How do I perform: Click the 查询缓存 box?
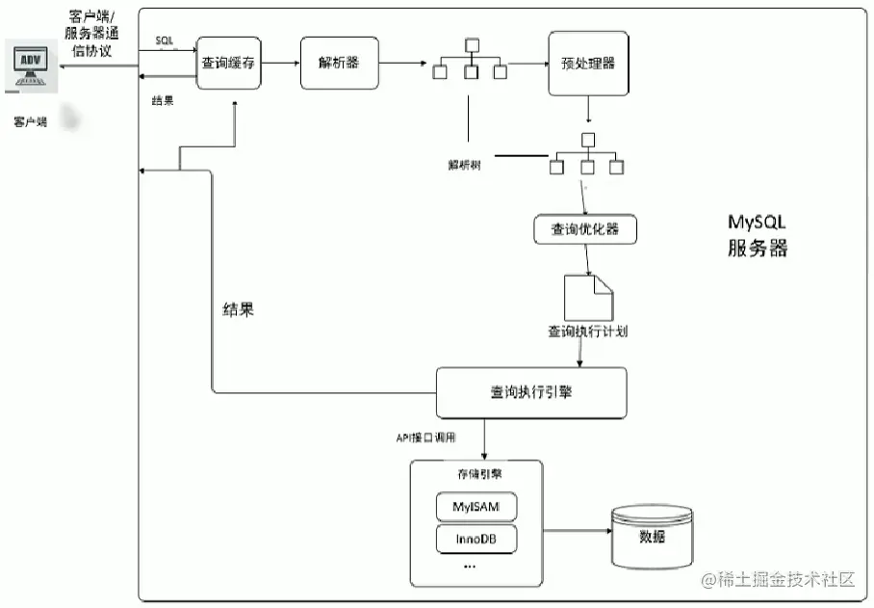click(x=229, y=64)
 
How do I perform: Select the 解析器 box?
click(x=339, y=64)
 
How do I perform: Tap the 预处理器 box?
click(x=587, y=64)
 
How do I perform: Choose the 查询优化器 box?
click(x=585, y=229)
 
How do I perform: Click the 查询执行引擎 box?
click(x=531, y=392)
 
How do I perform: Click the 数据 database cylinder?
click(x=652, y=536)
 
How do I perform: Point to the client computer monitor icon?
click(x=31, y=66)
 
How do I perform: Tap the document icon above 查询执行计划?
click(x=587, y=295)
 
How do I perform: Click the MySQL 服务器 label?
click(x=758, y=236)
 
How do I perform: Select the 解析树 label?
click(x=464, y=163)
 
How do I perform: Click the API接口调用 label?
click(x=425, y=437)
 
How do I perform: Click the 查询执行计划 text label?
click(x=588, y=331)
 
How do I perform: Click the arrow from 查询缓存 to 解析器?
click(x=281, y=64)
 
